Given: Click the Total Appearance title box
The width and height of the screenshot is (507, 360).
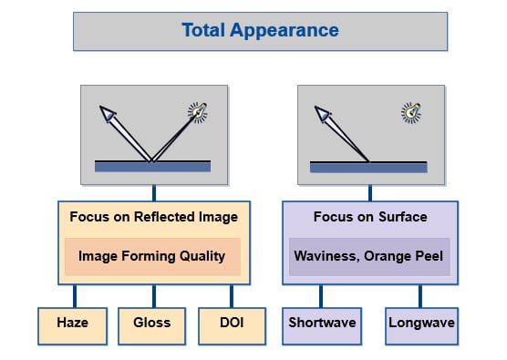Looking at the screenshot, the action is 260,31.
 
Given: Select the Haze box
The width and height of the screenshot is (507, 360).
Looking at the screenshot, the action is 73,324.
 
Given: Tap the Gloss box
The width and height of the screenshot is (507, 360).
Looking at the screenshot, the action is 152,324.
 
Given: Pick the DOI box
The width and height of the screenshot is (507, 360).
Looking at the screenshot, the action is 232,324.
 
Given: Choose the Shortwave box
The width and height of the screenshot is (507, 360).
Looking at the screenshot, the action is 321,324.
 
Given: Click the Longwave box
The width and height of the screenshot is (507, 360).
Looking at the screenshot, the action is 421,324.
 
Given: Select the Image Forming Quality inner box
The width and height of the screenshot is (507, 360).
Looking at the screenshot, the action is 152,256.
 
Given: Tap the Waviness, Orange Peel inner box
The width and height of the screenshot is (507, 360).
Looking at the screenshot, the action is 369,256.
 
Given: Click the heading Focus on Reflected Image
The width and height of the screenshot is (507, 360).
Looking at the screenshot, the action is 152,217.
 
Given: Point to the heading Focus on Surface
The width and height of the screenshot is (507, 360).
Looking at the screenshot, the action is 369,217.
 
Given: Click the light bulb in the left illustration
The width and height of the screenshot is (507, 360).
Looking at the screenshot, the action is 197,112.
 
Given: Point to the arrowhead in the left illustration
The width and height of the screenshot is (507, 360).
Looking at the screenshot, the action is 109,115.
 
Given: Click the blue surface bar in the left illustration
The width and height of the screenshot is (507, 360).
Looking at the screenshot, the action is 152,167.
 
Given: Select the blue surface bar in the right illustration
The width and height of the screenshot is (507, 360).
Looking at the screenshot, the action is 368,167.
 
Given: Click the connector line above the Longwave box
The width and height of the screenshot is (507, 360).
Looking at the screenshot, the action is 421,295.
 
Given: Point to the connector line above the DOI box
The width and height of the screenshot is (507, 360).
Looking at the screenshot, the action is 232,295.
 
